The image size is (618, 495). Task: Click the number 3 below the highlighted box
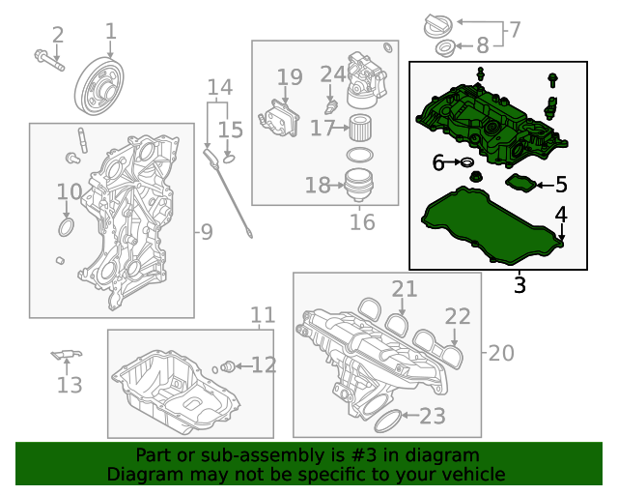[520, 285]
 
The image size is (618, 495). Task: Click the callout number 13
[70, 386]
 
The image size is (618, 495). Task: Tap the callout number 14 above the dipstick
[220, 88]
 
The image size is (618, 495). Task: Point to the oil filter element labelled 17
[359, 127]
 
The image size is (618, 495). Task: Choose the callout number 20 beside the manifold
[502, 354]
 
